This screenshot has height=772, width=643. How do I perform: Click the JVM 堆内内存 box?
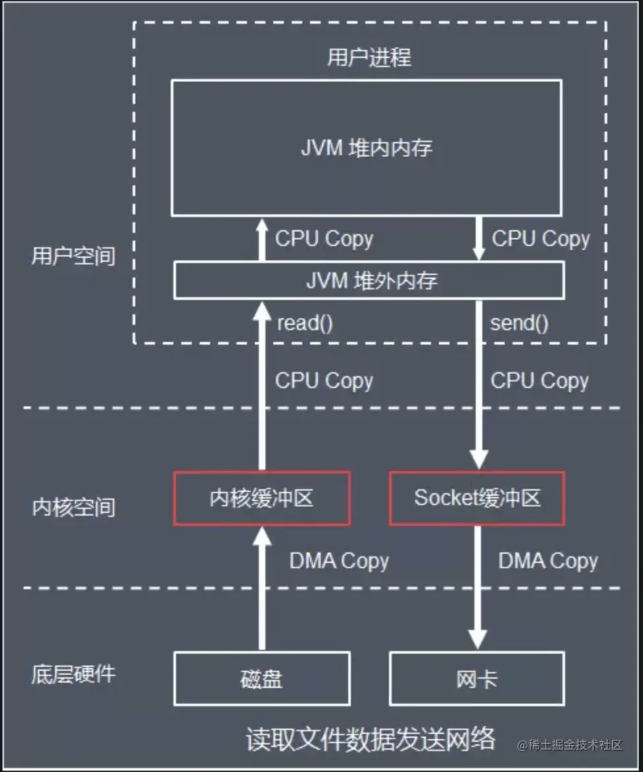pos(366,148)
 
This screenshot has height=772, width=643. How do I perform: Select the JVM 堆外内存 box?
pos(369,281)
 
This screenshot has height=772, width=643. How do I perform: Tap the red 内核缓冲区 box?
pos(261,498)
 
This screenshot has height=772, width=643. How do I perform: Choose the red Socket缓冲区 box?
pos(477,498)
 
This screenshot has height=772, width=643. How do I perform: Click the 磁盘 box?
pos(261,678)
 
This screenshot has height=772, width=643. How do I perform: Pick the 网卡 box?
pos(477,678)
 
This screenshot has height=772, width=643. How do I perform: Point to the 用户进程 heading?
pos(369,57)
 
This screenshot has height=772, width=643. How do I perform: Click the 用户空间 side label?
pos(73,256)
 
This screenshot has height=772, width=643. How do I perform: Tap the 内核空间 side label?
pos(73,507)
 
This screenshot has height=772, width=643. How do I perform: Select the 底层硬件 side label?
pos(73,674)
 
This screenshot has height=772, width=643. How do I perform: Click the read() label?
pos(305,324)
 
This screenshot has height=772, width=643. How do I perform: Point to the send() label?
pos(519,324)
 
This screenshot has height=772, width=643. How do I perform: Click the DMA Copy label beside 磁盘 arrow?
pos(339,561)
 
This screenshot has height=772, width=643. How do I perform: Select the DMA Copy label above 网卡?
pos(548,561)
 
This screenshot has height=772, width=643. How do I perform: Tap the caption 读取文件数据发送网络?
pos(370,738)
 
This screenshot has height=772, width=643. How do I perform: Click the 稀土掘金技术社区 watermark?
pos(569,744)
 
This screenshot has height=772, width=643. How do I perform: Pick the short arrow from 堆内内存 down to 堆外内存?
pos(478,239)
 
